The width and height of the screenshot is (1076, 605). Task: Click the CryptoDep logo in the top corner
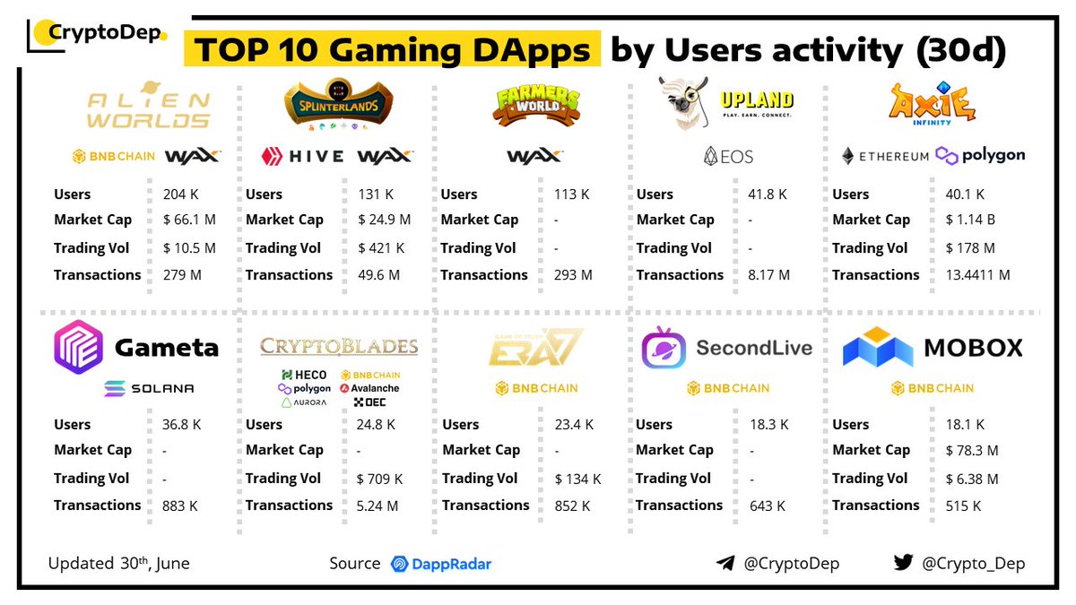click(x=97, y=34)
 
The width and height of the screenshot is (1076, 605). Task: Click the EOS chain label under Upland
click(x=728, y=156)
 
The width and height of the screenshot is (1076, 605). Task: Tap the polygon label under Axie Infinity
click(x=980, y=155)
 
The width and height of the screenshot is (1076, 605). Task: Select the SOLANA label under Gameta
click(x=149, y=388)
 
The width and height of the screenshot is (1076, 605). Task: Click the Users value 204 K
click(x=182, y=194)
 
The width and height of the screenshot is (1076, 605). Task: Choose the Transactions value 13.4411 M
click(x=978, y=275)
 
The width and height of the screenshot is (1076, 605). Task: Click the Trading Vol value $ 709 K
click(x=380, y=479)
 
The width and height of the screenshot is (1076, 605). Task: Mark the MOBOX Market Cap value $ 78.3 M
click(x=972, y=450)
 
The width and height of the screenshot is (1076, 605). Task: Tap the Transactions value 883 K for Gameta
click(x=180, y=506)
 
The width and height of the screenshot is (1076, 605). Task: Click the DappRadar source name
click(x=450, y=564)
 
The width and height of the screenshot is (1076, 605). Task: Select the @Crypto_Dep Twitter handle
click(x=972, y=564)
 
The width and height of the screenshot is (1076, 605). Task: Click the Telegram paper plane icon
click(x=725, y=564)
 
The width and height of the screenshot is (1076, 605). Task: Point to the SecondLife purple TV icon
click(x=664, y=348)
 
